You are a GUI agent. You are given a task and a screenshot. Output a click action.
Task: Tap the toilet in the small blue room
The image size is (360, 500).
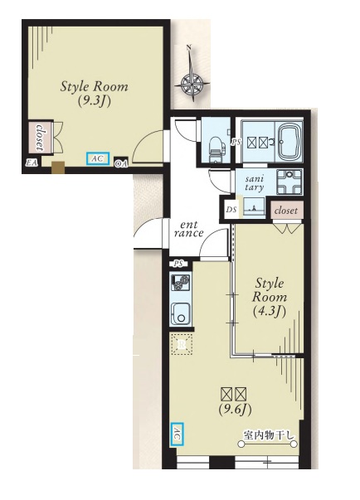[215, 149]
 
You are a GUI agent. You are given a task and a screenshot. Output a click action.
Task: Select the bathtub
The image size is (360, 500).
[290, 142]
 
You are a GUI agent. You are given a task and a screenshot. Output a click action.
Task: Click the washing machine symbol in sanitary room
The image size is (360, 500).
[289, 182]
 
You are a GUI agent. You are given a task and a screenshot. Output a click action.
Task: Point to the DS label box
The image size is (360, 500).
[231, 210]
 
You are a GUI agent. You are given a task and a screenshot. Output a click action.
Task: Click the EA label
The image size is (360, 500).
[32, 163]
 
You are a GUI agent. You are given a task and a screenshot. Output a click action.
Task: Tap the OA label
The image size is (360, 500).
[121, 163]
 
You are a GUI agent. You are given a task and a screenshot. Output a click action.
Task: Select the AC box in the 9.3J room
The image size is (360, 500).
[98, 158]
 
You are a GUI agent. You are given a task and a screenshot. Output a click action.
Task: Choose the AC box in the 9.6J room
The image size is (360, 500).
[178, 434]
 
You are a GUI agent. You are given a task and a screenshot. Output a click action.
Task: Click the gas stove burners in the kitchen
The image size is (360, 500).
[181, 282]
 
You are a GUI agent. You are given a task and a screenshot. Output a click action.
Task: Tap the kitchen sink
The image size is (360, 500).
[181, 313]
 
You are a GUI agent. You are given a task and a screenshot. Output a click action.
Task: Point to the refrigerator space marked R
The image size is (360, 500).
[182, 344]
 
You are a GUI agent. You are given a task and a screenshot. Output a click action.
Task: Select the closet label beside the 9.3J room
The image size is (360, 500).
[40, 137]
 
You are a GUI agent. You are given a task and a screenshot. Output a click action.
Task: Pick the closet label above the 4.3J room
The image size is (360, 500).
[286, 211]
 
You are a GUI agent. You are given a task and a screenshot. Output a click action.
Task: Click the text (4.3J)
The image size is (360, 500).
[270, 312]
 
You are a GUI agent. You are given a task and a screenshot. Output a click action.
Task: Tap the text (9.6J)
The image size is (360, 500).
[235, 410]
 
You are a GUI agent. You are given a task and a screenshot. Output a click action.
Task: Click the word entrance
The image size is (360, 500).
[189, 229]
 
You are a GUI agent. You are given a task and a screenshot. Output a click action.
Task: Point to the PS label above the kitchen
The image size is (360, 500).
[178, 264]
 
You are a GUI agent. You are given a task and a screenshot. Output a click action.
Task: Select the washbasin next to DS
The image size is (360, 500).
[254, 207]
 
